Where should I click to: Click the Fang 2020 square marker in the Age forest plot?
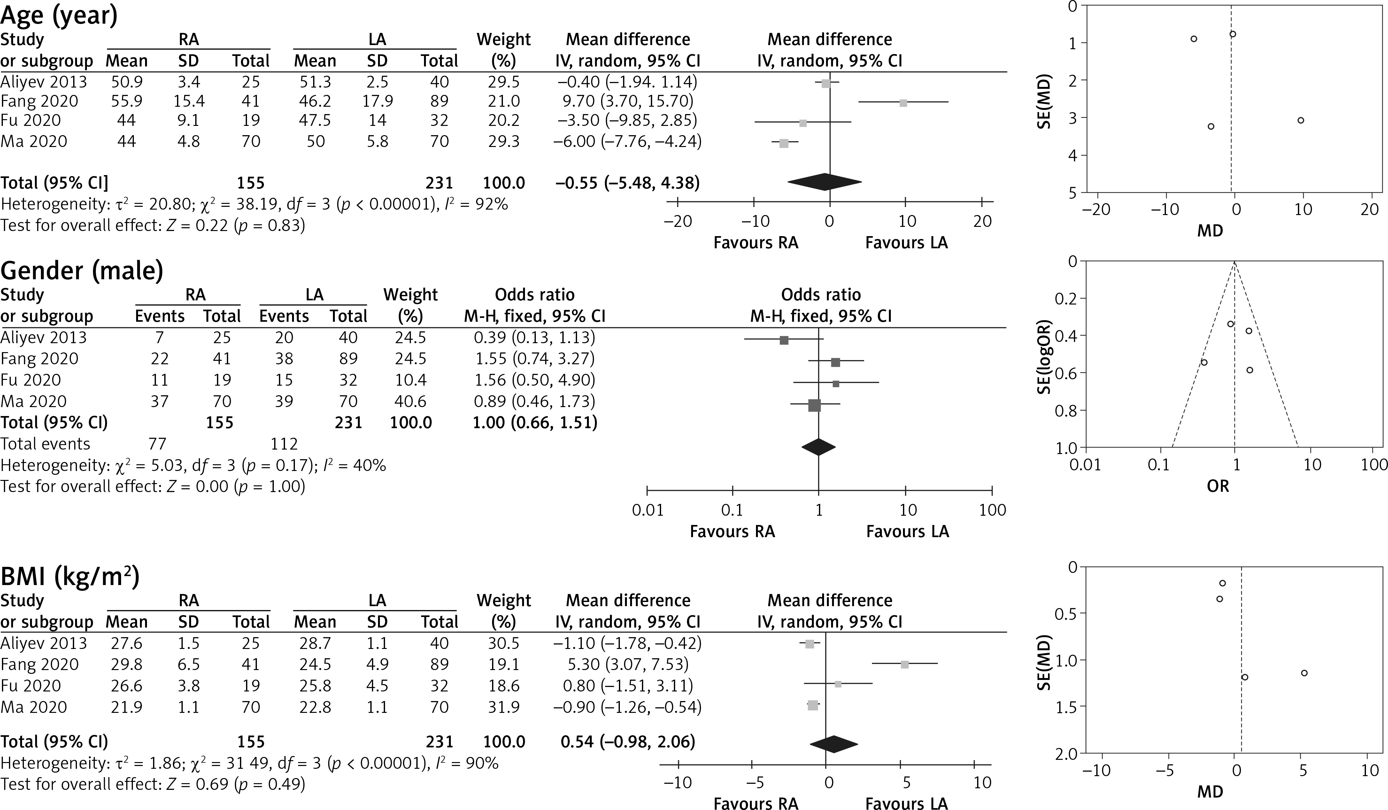(903, 103)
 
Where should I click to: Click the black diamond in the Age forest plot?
(825, 182)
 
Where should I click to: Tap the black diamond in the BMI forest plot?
(833, 744)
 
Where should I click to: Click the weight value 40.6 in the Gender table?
(410, 401)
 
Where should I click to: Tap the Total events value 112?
(284, 444)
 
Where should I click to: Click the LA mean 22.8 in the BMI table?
(314, 707)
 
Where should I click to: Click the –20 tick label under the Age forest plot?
(677, 221)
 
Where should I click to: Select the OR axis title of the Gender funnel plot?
(1218, 486)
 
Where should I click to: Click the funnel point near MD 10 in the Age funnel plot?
(1300, 120)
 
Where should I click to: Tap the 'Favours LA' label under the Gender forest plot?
(907, 531)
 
